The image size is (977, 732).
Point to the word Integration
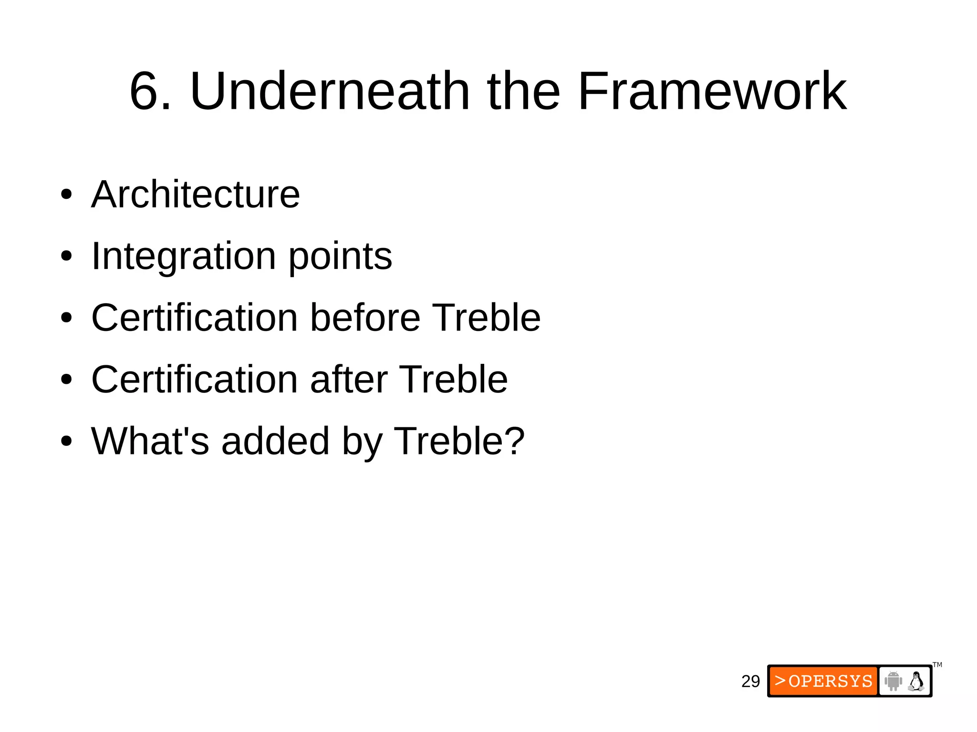click(x=184, y=256)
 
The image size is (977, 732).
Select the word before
click(x=365, y=318)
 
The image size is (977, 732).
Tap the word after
click(x=349, y=379)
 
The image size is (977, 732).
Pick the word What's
click(x=150, y=441)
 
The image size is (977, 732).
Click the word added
click(x=275, y=441)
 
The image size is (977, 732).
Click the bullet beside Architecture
click(x=66, y=195)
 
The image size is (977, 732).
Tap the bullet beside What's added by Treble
click(x=66, y=442)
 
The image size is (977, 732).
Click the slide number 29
click(x=750, y=681)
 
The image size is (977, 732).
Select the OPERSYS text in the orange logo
click(x=830, y=681)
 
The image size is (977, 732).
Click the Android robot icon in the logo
click(x=893, y=681)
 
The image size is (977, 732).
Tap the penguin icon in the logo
click(x=916, y=681)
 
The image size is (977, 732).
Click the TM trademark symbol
click(x=937, y=665)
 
